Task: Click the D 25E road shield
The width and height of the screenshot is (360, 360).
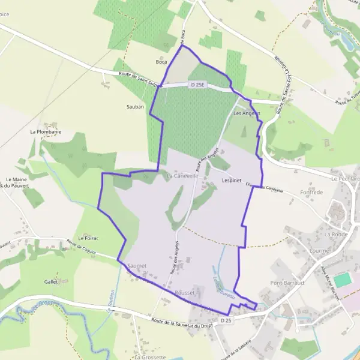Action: (197, 85)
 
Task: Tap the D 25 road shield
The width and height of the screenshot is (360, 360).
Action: (226, 320)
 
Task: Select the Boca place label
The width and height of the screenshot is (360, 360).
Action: (161, 62)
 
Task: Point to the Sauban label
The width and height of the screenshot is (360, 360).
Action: (135, 106)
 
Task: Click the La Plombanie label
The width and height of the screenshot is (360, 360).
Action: (46, 131)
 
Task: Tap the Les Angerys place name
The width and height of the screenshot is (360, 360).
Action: (247, 113)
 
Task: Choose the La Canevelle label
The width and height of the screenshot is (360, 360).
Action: (182, 176)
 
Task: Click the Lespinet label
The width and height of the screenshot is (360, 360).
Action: (231, 179)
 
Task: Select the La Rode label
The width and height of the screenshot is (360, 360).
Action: (336, 234)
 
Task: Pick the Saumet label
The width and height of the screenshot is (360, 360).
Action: (137, 265)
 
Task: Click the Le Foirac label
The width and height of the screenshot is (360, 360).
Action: (88, 238)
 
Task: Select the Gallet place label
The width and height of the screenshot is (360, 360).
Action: (51, 281)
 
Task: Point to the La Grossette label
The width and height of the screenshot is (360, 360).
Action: (149, 356)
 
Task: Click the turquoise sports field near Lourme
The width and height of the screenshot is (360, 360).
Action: (342, 279)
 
